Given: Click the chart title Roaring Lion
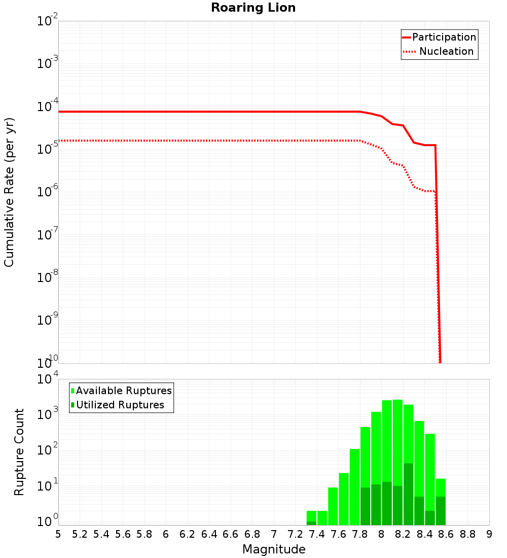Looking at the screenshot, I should (253, 8).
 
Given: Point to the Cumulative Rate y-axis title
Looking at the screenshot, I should (9, 192).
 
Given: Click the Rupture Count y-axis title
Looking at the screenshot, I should (19, 451).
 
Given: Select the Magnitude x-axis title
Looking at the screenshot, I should (274, 549).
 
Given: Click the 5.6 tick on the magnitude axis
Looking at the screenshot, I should (123, 534).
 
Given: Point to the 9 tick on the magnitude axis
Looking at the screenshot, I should (489, 534).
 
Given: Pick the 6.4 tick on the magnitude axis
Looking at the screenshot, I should (209, 534).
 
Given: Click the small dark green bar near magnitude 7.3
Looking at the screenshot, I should (311, 523).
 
